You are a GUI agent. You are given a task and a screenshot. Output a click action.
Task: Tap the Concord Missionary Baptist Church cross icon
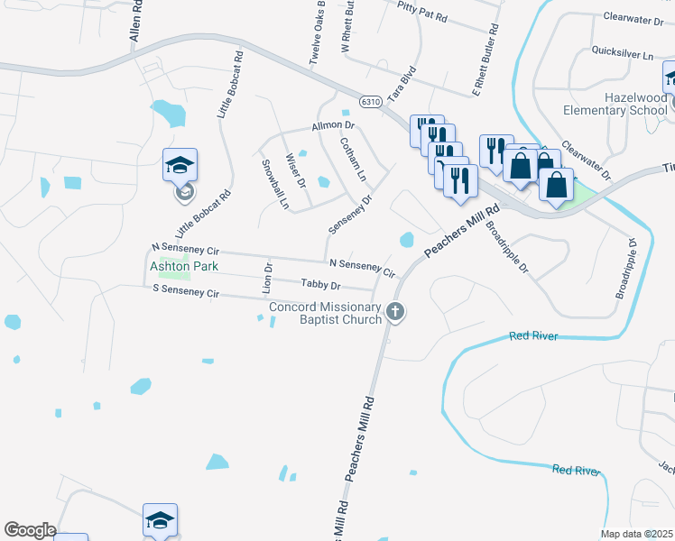point(394,312)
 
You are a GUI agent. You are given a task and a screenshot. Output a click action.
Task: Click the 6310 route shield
point(369,103)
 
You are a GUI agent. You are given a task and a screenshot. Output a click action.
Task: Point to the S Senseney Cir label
point(186,292)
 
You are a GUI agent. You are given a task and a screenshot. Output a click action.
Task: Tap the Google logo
point(30,530)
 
